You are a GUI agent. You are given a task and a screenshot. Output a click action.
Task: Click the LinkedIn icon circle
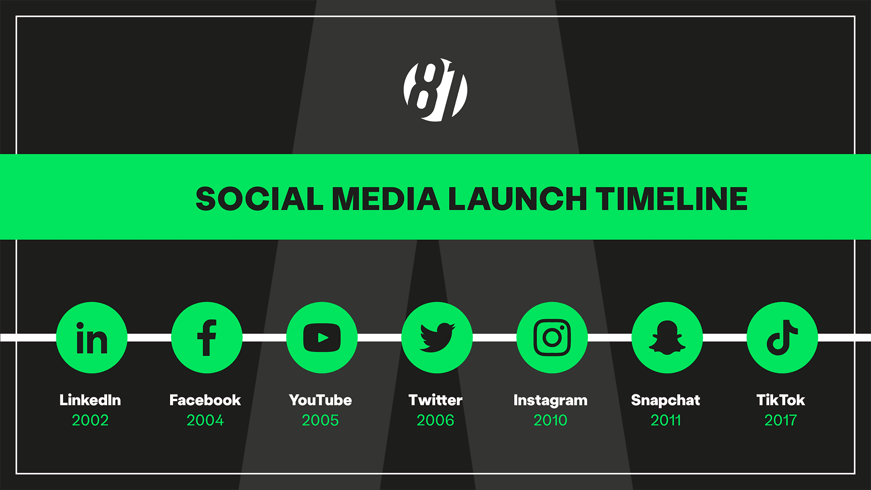click(x=92, y=338)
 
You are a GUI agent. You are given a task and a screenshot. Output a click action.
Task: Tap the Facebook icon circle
click(x=207, y=338)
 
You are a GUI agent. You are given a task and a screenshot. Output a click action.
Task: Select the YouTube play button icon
click(x=322, y=338)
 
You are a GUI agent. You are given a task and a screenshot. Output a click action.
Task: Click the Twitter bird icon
click(x=437, y=338)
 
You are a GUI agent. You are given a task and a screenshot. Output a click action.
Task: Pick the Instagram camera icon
click(x=552, y=338)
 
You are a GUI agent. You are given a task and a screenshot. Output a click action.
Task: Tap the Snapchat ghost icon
click(x=667, y=338)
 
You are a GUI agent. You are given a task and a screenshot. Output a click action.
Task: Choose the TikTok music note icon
click(x=782, y=338)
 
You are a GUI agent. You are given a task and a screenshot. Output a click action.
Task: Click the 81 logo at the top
click(x=435, y=90)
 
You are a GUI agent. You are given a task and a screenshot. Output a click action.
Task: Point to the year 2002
click(x=90, y=420)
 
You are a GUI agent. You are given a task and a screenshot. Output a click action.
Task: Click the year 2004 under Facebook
click(x=205, y=420)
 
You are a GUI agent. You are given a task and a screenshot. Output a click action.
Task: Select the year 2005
click(x=320, y=420)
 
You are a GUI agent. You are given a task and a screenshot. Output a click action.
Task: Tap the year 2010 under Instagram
click(x=550, y=420)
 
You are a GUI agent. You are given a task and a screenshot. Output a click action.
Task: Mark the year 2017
click(x=780, y=420)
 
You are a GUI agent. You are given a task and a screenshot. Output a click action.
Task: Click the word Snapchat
click(x=665, y=400)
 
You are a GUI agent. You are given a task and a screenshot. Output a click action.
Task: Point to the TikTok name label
click(x=781, y=400)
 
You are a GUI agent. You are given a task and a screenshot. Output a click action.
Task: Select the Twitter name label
click(x=435, y=400)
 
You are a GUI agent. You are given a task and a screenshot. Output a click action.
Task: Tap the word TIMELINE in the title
click(x=672, y=199)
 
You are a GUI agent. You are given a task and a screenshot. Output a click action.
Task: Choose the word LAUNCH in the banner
click(x=518, y=199)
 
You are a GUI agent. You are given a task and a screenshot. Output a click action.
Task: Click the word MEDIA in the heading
click(x=386, y=199)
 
